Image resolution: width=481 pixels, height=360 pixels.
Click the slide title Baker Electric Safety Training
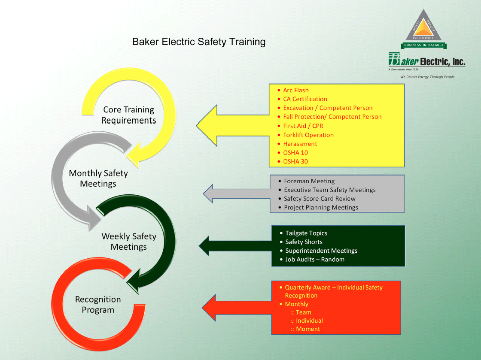[199, 42]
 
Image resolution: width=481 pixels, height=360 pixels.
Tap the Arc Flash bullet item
[295, 90]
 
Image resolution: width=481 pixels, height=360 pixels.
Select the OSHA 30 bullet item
[295, 161]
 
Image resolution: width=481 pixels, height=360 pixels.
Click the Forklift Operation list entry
[308, 135]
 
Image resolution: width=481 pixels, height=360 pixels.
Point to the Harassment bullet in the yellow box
[300, 144]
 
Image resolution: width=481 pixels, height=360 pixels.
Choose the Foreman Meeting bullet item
[309, 181]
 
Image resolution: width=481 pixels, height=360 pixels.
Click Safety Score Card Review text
[320, 199]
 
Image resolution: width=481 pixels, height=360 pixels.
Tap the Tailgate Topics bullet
[306, 233]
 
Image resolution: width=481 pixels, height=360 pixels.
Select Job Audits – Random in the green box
[314, 259]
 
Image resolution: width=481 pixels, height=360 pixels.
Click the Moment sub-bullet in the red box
[307, 329]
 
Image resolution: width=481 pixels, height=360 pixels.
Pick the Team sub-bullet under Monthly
[303, 312]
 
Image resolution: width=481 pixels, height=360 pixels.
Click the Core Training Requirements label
[129, 115]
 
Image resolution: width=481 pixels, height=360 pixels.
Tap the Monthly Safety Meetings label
[98, 178]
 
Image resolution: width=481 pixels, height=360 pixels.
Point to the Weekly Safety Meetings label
[129, 241]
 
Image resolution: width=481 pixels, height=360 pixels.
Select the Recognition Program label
[98, 304]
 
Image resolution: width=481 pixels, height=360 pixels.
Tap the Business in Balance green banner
[424, 45]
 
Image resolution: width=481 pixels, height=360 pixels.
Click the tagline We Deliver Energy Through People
[427, 77]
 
